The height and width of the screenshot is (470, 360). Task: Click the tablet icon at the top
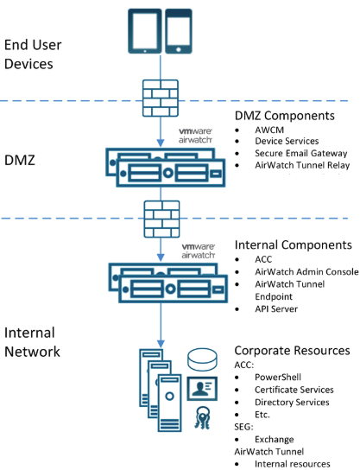(145, 31)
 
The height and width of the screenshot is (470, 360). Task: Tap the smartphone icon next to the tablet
(179, 31)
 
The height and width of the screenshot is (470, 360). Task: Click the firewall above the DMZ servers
(161, 98)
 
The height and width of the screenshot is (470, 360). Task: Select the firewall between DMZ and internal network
(161, 219)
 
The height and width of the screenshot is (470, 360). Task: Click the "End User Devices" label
(33, 54)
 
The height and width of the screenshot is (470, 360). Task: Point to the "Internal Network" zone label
(32, 342)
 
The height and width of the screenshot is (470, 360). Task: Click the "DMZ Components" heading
(285, 116)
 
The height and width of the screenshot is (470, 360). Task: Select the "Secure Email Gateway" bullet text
(301, 153)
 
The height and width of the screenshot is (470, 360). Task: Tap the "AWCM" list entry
(269, 130)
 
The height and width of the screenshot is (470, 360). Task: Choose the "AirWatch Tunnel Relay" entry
(302, 165)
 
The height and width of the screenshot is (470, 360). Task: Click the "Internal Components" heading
(294, 245)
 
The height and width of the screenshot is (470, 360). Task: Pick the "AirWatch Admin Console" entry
(306, 271)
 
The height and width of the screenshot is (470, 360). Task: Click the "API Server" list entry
(276, 308)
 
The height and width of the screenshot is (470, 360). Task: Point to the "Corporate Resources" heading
(292, 351)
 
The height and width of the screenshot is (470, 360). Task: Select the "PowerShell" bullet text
(278, 377)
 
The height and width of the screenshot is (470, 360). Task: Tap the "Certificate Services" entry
(294, 390)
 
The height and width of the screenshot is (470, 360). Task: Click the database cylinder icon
(202, 359)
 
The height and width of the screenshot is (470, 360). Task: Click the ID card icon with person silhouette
(202, 389)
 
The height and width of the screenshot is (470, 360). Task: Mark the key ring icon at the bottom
(202, 417)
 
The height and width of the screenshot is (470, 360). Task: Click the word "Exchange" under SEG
(274, 439)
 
